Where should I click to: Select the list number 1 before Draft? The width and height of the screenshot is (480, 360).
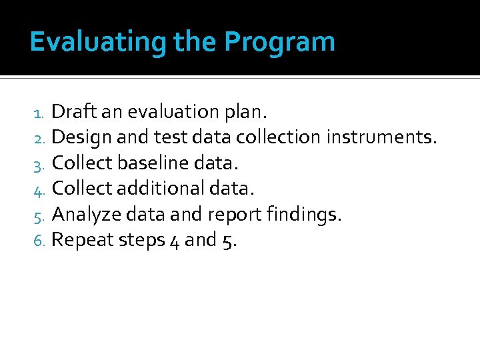click(x=39, y=112)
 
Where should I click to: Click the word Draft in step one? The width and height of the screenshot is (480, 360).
click(x=71, y=111)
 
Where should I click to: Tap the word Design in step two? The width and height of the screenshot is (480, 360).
click(x=81, y=137)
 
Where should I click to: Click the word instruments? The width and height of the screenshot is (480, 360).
click(x=382, y=137)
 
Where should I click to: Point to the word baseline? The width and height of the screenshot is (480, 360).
click(x=155, y=163)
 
